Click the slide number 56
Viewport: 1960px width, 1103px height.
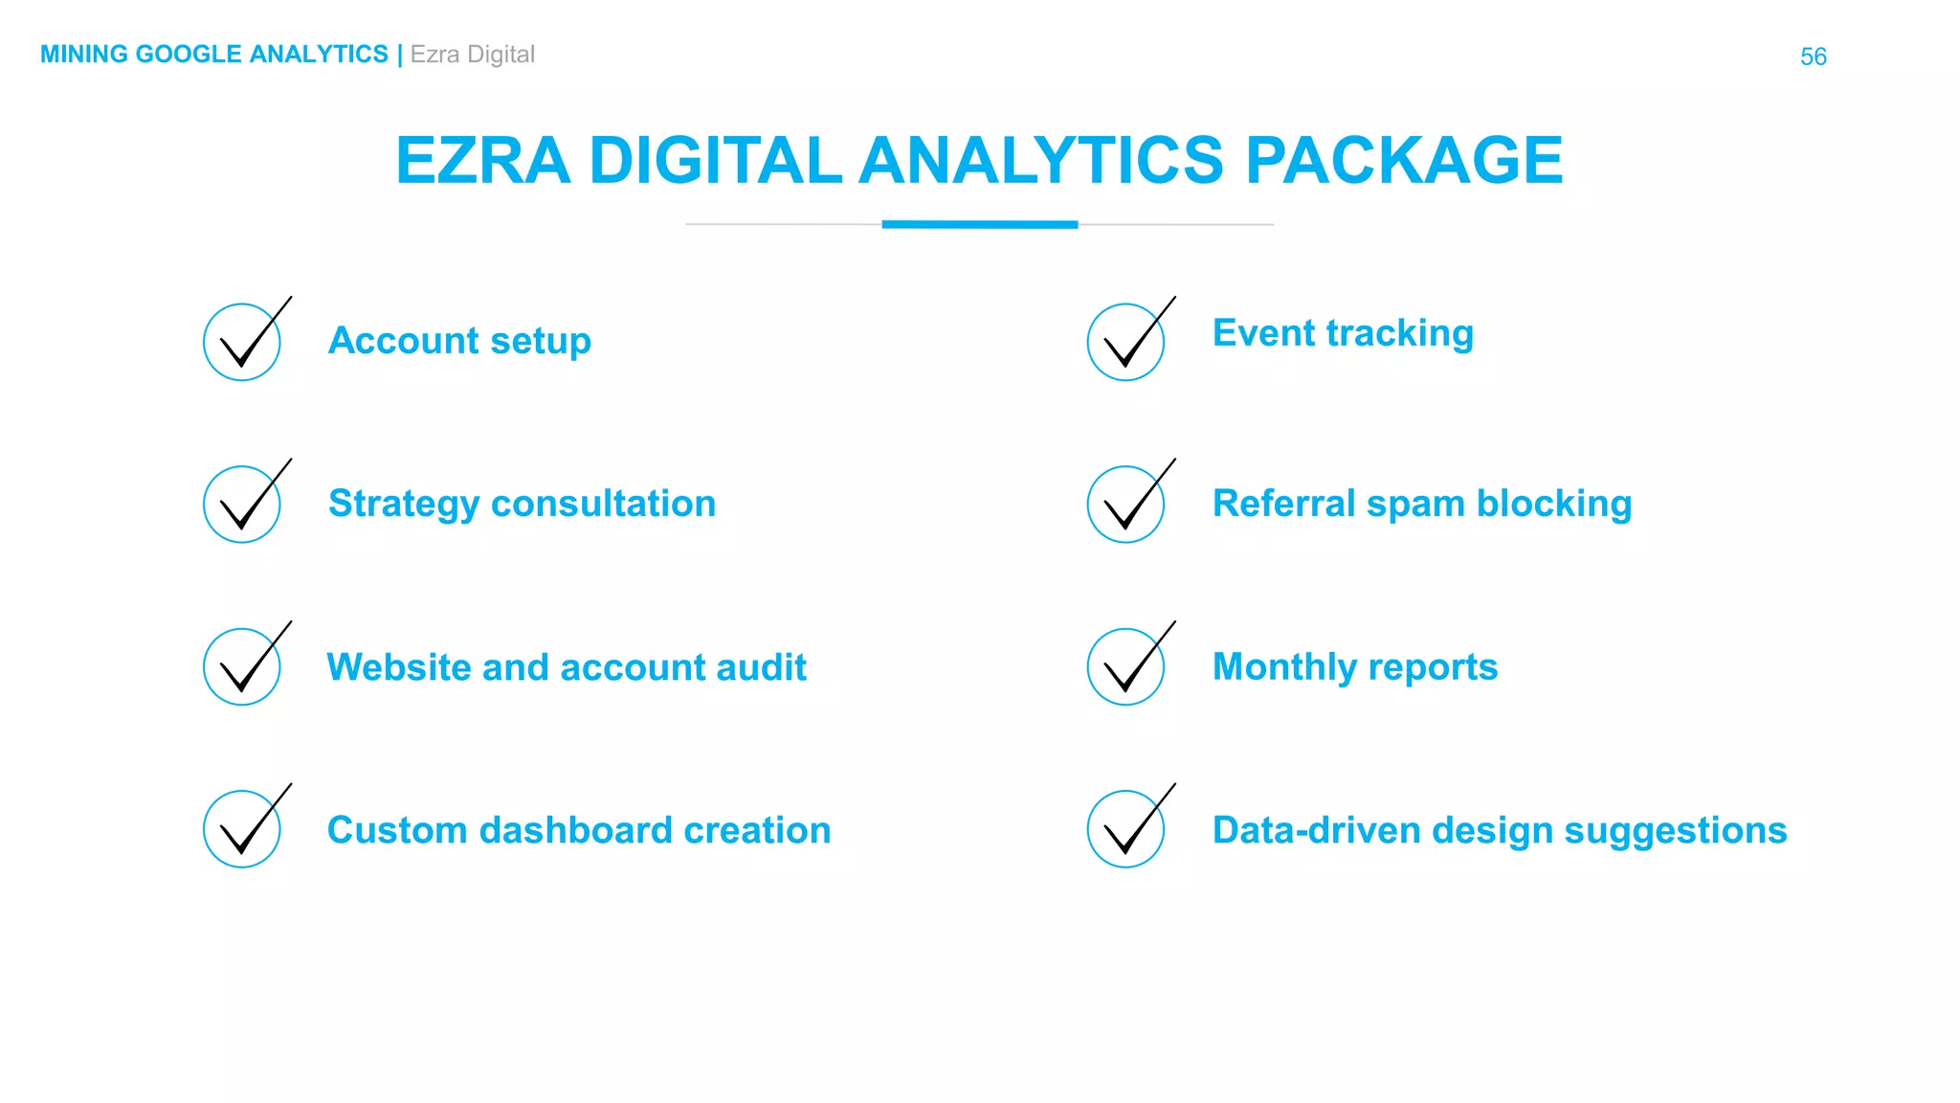pyautogui.click(x=1813, y=56)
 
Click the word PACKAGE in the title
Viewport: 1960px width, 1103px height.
pyautogui.click(x=1404, y=160)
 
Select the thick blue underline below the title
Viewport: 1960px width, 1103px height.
pyautogui.click(x=979, y=225)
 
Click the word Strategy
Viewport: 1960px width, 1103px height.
pyautogui.click(x=403, y=505)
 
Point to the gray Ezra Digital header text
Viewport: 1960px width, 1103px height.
pyautogui.click(x=472, y=55)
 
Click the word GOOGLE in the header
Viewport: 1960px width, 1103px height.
pyautogui.click(x=188, y=55)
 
